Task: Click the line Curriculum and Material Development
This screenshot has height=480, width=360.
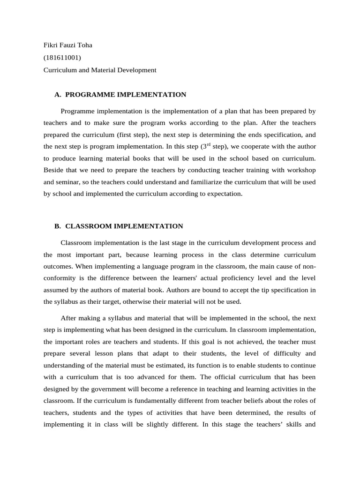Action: coord(100,70)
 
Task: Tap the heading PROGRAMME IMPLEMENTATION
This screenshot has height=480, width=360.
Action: coord(126,95)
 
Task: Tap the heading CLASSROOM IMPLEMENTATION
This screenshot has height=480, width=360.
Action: coord(124,226)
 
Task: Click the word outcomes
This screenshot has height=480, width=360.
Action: coord(58,266)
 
